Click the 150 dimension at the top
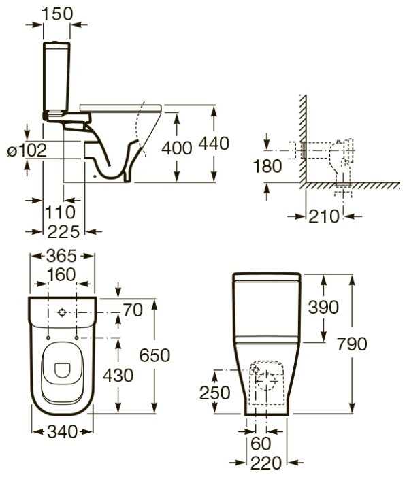click(x=57, y=14)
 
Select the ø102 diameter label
click(x=27, y=150)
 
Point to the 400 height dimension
click(x=177, y=148)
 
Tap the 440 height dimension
click(x=214, y=144)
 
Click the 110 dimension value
click(x=60, y=212)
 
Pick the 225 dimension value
click(x=63, y=232)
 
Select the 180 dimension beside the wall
click(x=267, y=167)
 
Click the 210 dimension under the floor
click(x=324, y=216)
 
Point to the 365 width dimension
click(x=61, y=256)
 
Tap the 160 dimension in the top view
click(x=61, y=275)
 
